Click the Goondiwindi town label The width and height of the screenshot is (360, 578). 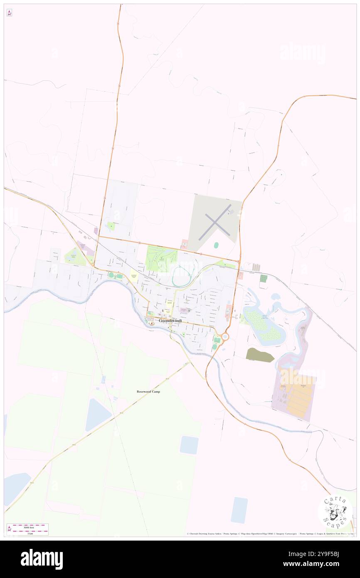tap(170, 321)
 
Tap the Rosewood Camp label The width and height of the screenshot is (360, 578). tap(148, 392)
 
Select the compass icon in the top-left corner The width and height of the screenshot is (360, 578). tap(9, 13)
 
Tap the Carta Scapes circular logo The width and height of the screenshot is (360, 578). tap(335, 511)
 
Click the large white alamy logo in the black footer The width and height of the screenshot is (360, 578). tap(42, 559)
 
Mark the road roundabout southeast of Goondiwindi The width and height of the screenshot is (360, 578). tap(225, 336)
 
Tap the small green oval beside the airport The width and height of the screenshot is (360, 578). tap(216, 245)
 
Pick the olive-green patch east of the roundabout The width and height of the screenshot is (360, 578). tap(260, 355)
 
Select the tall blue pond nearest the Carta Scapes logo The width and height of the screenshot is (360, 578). tap(239, 510)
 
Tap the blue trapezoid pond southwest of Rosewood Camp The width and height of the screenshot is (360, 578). tap(98, 415)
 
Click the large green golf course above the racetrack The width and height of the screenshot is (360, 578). tap(161, 259)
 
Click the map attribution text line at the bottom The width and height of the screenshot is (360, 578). tap(270, 534)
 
